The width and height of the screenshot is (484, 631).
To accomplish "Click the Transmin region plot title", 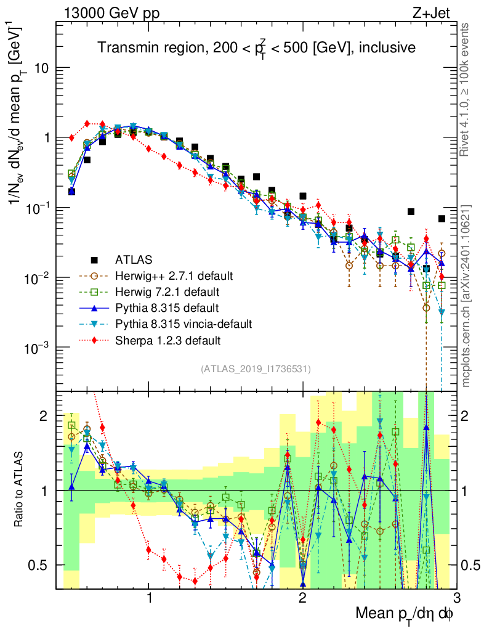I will pyautogui.click(x=257, y=47).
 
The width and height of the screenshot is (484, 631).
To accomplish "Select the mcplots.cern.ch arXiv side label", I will pyautogui.click(x=467, y=296).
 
